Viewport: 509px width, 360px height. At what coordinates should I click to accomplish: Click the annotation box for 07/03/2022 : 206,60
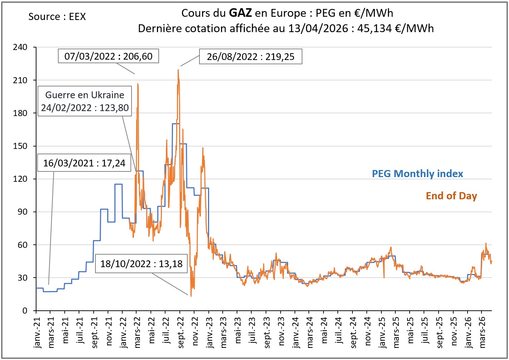[x=108, y=56]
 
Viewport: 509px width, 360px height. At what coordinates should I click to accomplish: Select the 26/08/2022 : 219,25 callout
[x=251, y=57]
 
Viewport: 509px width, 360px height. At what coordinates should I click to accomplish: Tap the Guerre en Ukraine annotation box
[x=85, y=101]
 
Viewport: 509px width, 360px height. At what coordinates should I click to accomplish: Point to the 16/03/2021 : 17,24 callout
[x=84, y=163]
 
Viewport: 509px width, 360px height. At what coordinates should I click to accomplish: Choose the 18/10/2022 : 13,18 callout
[x=141, y=264]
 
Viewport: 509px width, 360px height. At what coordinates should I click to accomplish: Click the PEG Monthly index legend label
[x=417, y=174]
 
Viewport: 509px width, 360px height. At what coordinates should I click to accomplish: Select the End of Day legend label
[x=451, y=196]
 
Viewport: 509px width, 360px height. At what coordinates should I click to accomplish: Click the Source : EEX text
[x=57, y=17]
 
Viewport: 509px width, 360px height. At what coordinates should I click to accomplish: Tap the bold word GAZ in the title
[x=240, y=13]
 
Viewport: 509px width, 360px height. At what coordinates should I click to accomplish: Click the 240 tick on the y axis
[x=20, y=47]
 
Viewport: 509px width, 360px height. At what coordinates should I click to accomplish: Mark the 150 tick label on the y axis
[x=20, y=146]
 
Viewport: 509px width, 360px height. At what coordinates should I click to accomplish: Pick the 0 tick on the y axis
[x=25, y=311]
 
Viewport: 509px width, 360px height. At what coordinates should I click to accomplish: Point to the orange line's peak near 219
[x=178, y=70]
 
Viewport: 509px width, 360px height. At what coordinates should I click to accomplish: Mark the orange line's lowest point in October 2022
[x=191, y=296]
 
